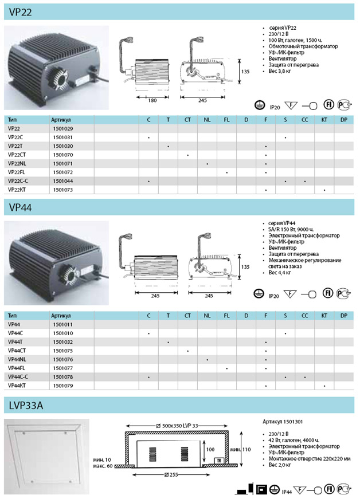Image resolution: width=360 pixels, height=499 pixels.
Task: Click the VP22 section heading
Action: point(21,12)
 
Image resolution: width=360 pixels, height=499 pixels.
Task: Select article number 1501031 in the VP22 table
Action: point(63,137)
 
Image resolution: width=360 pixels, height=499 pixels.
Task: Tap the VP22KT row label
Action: point(17,190)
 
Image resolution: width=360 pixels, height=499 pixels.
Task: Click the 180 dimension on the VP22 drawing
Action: point(152,101)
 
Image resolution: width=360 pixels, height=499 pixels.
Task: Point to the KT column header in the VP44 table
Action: point(324,316)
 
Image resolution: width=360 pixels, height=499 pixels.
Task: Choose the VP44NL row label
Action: point(17,359)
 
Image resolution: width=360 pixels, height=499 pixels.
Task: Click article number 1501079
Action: point(63,386)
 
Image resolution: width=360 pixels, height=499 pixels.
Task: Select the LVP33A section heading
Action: point(26,406)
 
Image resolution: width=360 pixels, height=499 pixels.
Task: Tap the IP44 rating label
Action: point(287,492)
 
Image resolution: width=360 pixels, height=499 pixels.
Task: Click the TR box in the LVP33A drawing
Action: point(219,461)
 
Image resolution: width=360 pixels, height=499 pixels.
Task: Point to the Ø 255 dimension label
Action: point(171,475)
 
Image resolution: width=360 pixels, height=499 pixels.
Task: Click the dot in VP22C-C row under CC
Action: point(305,182)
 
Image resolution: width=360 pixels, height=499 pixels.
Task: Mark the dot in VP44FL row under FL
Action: point(226,368)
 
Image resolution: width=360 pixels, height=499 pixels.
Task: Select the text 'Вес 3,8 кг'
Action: point(280,71)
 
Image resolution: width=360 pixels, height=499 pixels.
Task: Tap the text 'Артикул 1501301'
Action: point(283,422)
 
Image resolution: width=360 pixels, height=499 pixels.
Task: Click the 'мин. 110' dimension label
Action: point(240,450)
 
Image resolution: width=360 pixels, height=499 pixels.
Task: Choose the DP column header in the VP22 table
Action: point(344,120)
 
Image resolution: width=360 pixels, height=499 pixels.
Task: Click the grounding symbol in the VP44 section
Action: point(259,294)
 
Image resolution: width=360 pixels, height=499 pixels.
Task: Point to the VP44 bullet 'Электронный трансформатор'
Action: point(304,235)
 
